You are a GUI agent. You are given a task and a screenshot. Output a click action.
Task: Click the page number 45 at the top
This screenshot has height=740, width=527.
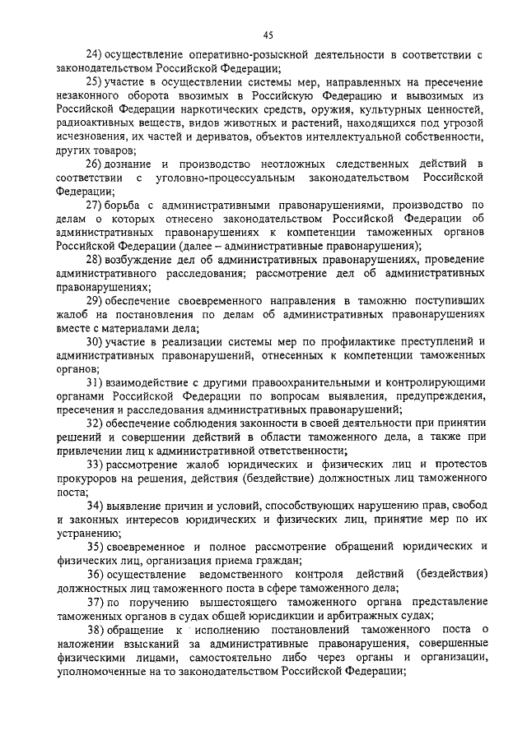(x=268, y=35)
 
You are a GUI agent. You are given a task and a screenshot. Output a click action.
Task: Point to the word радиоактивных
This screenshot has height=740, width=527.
(x=94, y=123)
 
